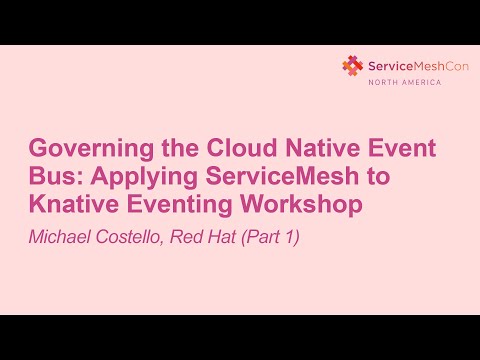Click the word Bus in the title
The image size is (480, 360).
52,179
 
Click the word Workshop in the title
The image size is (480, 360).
311,207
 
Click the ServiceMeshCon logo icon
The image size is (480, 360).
352,66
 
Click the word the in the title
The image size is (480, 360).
169,151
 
